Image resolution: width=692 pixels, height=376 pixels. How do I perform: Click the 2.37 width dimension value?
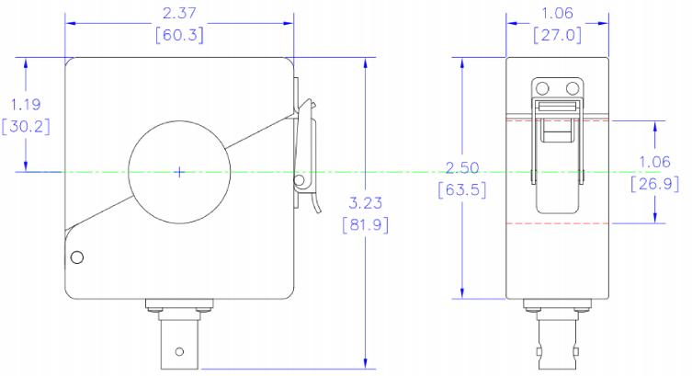tap(178, 13)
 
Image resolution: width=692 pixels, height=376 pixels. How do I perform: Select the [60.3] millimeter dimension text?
tap(179, 34)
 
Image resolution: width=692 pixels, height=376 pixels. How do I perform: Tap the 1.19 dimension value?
tap(25, 105)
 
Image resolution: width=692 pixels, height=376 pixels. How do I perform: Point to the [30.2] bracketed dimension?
tap(26, 127)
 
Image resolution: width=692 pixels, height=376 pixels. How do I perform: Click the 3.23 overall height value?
tap(366, 203)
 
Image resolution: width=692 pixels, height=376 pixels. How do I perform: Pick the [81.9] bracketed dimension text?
tap(366, 224)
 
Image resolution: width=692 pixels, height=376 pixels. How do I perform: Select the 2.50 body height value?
tap(462, 167)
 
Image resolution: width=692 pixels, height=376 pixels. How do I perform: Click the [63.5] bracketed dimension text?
tap(462, 189)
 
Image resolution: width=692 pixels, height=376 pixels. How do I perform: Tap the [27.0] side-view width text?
tap(558, 34)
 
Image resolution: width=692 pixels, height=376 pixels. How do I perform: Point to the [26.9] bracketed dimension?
tap(654, 184)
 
